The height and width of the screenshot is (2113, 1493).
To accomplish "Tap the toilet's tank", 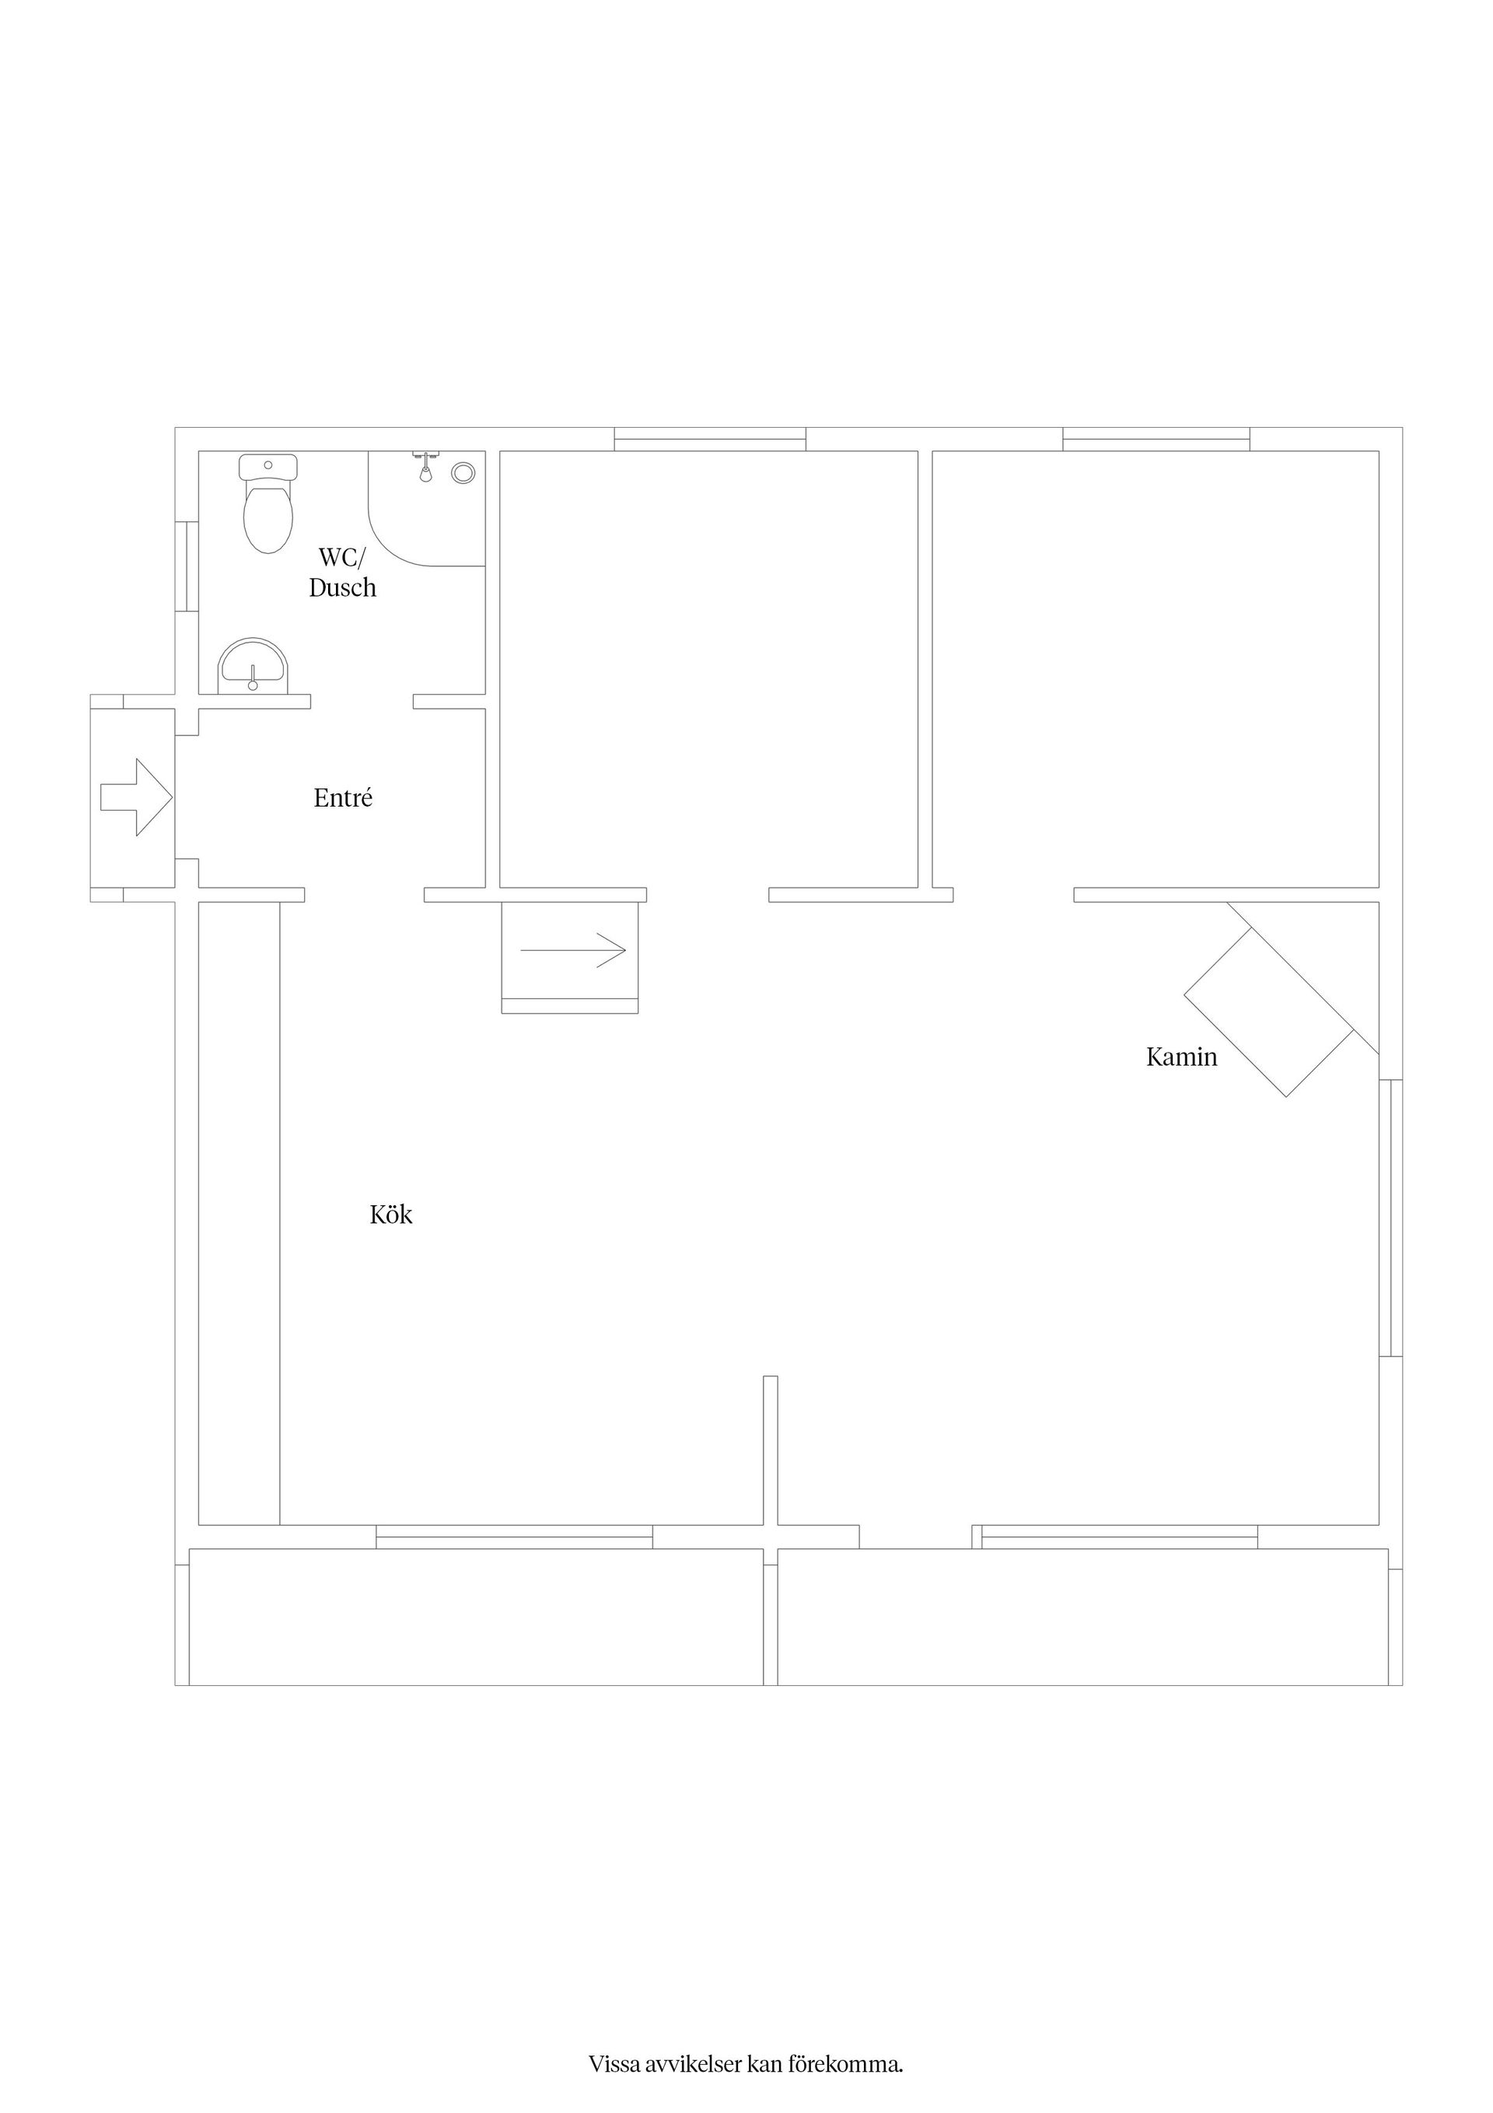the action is coord(267,467).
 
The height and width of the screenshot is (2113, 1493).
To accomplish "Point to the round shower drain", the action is coord(463,473).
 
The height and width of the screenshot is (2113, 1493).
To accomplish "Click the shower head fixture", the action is coord(425,467).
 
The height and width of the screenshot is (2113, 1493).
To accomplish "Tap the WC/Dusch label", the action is coord(342,573).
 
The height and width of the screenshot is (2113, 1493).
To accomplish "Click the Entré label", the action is coord(343,798).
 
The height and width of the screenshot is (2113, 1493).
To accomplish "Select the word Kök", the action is coord(391,1214).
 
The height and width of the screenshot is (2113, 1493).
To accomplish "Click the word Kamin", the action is coord(1181,1056).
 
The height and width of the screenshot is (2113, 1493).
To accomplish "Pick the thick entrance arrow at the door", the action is coord(136,797).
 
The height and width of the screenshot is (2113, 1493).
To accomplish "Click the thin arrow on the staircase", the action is coord(573,950).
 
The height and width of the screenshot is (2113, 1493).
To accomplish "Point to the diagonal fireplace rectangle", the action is coord(1270,1011).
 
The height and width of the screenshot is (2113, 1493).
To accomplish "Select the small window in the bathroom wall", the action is coord(187,566).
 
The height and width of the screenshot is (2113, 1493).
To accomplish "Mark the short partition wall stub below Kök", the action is coord(771,1450).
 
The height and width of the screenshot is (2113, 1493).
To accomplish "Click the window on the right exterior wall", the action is coord(1391,1218).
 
